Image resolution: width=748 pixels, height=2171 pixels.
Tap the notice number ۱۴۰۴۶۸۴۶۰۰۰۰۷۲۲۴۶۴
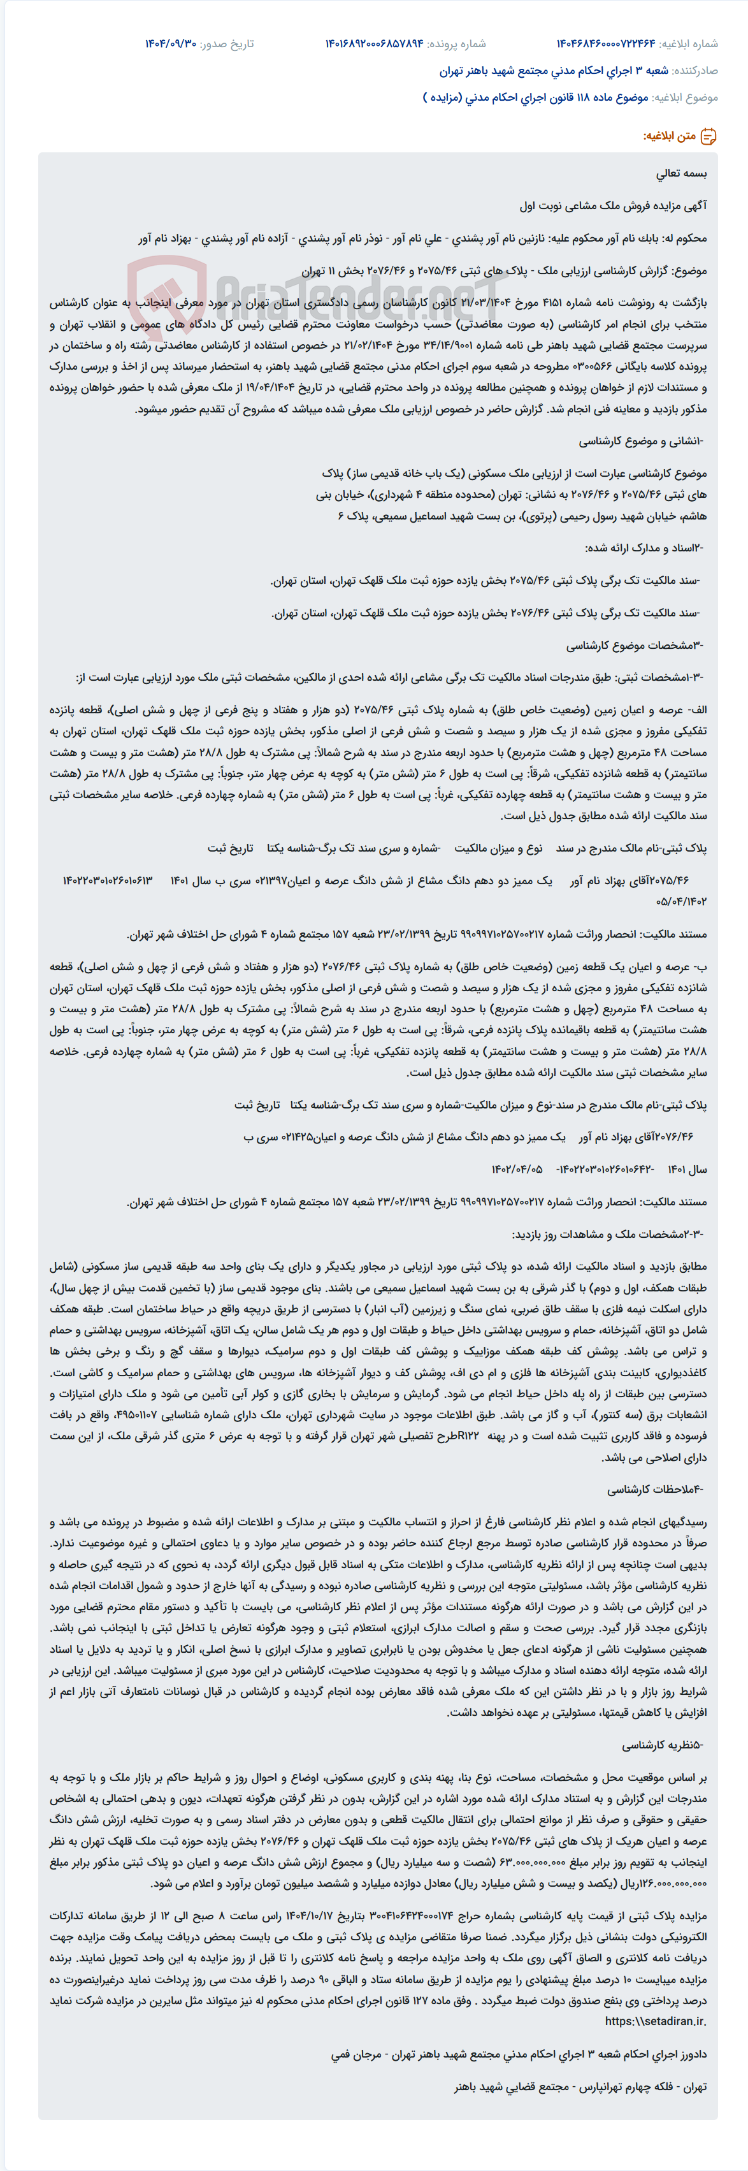[x=605, y=44]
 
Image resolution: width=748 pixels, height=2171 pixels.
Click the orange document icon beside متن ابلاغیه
[x=708, y=136]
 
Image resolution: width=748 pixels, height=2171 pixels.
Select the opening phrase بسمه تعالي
[x=682, y=173]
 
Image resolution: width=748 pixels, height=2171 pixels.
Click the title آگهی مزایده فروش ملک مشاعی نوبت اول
[x=612, y=206]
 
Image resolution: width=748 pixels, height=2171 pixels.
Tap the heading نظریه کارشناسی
[x=662, y=1745]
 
